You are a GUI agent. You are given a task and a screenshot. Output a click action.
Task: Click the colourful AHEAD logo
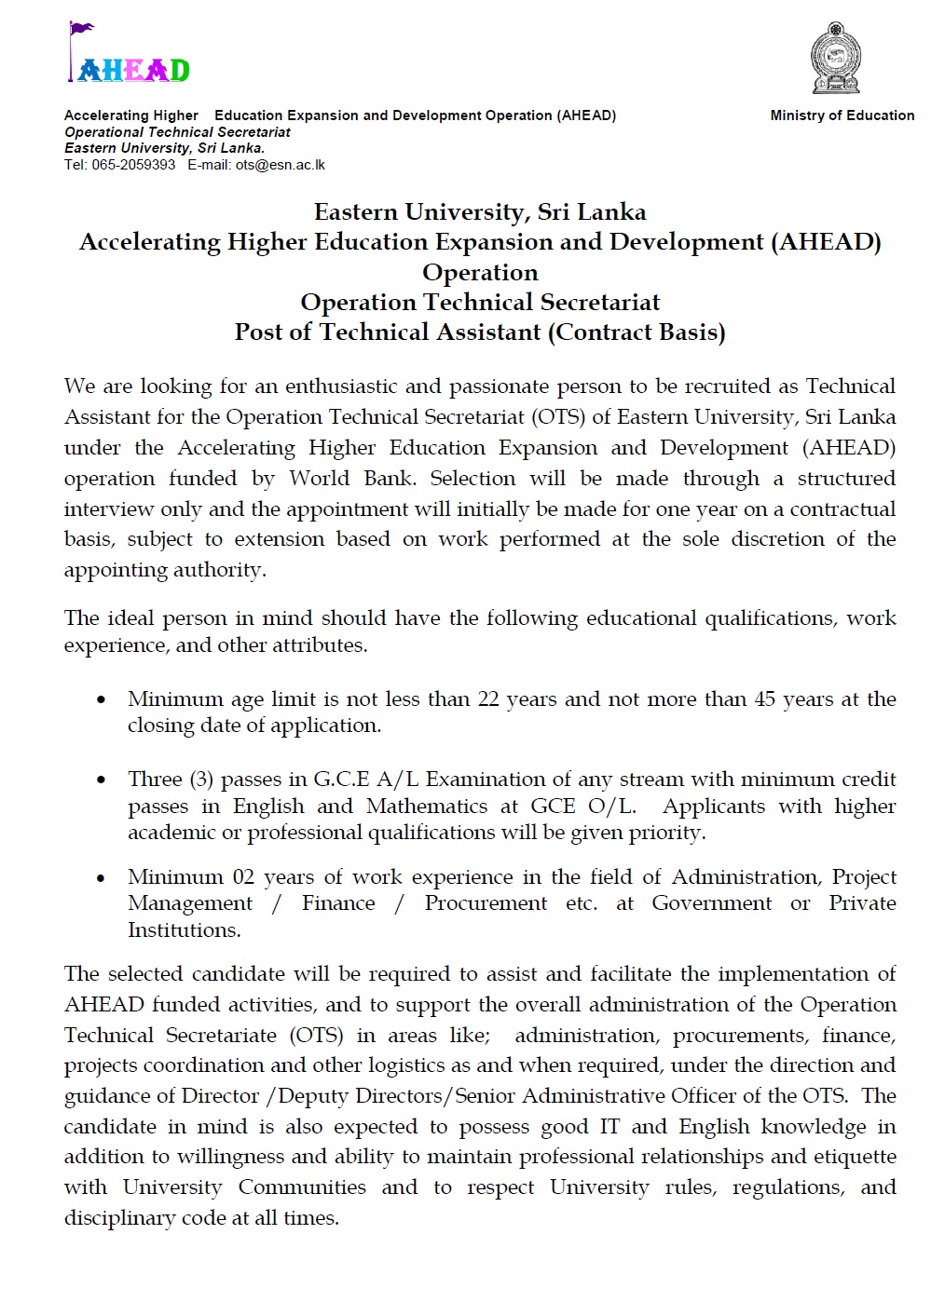pos(130,57)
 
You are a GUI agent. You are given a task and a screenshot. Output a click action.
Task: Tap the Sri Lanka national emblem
pos(835,59)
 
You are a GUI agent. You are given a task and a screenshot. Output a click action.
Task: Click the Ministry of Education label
pos(842,115)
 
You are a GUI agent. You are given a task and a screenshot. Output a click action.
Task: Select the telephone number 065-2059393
pos(133,165)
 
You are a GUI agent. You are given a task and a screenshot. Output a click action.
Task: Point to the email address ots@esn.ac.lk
pos(281,165)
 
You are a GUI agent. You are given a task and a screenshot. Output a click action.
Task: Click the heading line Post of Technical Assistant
pos(479,332)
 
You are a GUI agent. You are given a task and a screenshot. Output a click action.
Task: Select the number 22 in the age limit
pos(488,699)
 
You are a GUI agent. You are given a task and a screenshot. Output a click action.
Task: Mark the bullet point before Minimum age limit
pos(102,700)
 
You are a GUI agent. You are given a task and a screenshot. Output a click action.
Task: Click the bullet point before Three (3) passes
pos(102,780)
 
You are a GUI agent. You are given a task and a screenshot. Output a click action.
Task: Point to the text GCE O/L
pos(582,807)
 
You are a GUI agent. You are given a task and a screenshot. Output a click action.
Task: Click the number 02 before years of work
pos(243,877)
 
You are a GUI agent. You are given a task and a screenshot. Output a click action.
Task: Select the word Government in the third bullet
pos(711,903)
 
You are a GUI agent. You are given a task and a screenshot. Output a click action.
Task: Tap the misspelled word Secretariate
pos(222,1036)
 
